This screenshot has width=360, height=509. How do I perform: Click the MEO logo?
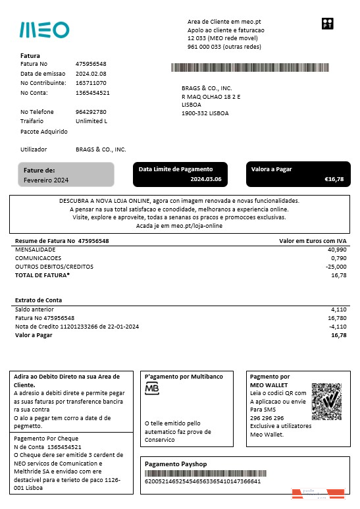pos(44,30)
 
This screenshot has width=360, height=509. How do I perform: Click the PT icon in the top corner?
pos(327,24)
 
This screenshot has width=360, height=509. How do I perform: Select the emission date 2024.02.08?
pos(91,74)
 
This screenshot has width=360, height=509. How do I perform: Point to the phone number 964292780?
pos(91,112)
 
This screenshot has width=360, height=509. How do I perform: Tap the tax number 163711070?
pos(91,83)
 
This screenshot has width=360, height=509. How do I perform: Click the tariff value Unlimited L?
pos(91,121)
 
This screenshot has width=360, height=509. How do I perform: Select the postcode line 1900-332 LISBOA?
pos(205,113)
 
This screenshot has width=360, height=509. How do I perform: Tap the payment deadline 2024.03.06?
pos(206,179)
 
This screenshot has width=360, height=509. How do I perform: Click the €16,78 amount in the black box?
pos(334,179)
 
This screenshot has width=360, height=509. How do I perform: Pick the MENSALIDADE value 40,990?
pos(336,250)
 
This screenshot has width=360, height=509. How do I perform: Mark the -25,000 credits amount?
pos(336,267)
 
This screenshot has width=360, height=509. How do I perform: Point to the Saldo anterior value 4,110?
pos(338,309)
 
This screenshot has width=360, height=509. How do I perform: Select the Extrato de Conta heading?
pos(39,300)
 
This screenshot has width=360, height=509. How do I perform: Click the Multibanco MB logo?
pos(152,389)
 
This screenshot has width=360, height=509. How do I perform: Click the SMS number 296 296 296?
pos(267,417)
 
